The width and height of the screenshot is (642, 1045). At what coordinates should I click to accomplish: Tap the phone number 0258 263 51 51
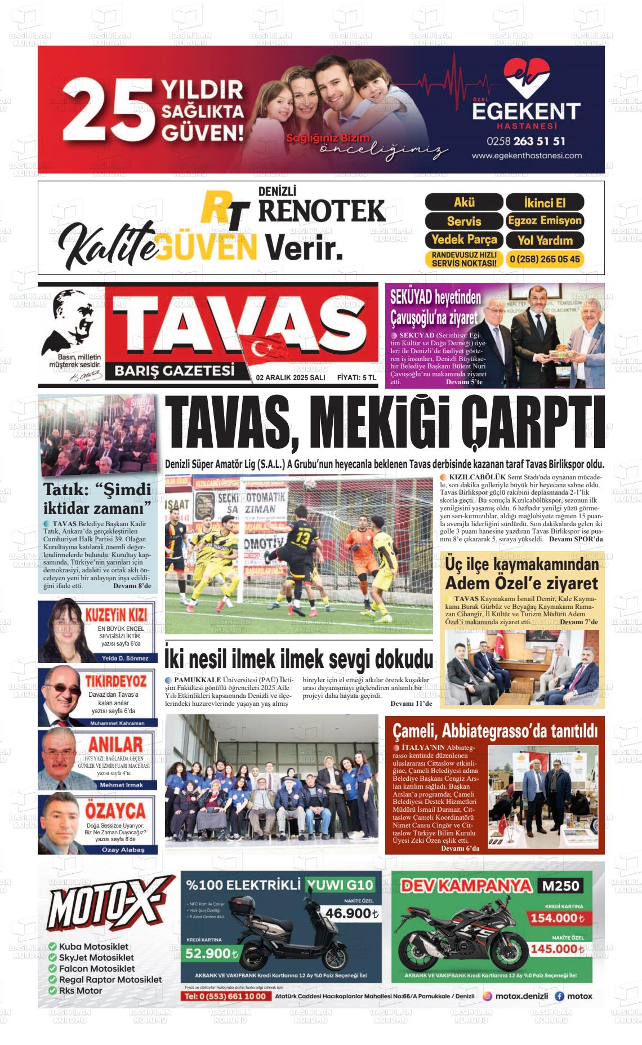coord(526,141)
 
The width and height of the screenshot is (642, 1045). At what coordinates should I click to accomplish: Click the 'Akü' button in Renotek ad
coord(463,202)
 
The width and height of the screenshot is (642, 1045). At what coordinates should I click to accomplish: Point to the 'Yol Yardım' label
coord(545,240)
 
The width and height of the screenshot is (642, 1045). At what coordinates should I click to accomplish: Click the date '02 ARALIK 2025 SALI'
coord(290,378)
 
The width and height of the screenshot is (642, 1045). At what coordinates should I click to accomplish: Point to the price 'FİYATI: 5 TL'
coord(356,378)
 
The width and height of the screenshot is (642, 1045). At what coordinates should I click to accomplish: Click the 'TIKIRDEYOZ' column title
coord(115,681)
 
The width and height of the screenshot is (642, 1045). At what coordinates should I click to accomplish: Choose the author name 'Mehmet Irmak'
coord(121,785)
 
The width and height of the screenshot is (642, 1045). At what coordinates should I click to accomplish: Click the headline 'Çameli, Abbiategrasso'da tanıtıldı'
coord(494,731)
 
